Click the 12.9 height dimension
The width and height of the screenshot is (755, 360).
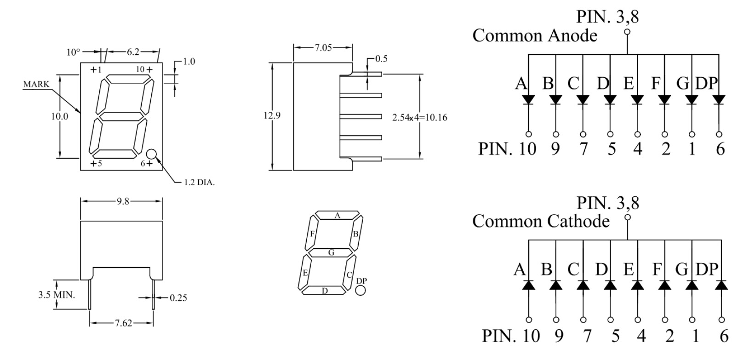[272, 116]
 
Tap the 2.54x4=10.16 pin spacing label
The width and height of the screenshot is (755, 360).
[419, 118]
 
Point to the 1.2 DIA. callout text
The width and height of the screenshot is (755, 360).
[200, 182]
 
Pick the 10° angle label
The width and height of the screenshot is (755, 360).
[73, 52]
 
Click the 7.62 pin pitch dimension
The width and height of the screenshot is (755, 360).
[123, 323]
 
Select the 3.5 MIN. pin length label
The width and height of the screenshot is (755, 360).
[56, 294]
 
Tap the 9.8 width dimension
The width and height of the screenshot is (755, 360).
[123, 201]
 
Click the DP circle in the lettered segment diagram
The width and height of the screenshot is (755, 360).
[360, 290]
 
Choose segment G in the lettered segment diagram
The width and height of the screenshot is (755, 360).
[331, 252]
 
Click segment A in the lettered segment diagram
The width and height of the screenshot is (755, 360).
[337, 215]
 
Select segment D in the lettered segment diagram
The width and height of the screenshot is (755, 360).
[325, 290]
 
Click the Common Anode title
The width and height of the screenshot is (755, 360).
[535, 35]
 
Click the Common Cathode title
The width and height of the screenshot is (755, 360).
[541, 221]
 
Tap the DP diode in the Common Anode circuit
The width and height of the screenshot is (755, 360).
[719, 99]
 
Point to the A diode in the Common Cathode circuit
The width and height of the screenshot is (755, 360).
[529, 285]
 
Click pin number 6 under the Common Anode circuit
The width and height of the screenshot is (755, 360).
[720, 149]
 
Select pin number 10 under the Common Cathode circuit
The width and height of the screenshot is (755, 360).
[531, 336]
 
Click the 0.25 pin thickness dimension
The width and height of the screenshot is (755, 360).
[178, 298]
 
